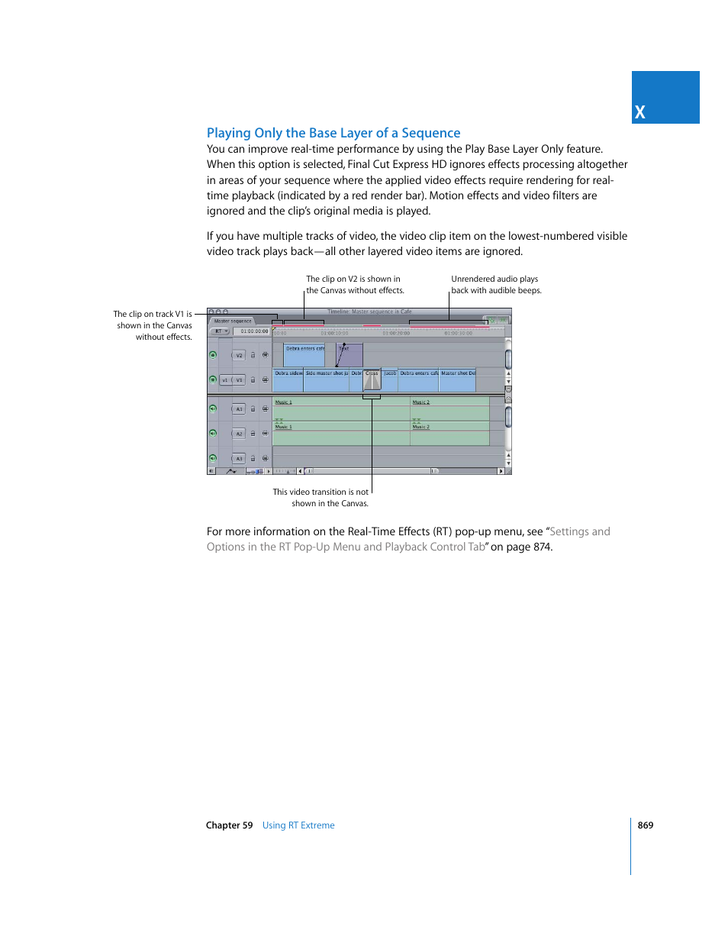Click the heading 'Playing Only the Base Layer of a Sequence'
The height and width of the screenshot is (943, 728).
pyautogui.click(x=333, y=133)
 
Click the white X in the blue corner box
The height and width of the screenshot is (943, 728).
pyautogui.click(x=639, y=112)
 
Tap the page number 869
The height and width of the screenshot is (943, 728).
pyautogui.click(x=645, y=825)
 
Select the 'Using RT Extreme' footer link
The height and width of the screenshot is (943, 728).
pyautogui.click(x=298, y=825)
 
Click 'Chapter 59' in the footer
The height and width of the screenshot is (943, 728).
pyautogui.click(x=229, y=825)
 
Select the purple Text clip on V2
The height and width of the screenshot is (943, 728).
pyautogui.click(x=350, y=356)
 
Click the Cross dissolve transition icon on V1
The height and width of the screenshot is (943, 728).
pyautogui.click(x=372, y=380)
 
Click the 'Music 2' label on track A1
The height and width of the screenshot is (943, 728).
pyautogui.click(x=421, y=402)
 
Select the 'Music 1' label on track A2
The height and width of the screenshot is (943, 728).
pyautogui.click(x=283, y=427)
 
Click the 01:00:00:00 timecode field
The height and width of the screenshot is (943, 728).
pyautogui.click(x=254, y=331)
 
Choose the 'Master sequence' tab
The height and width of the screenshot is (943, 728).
pyautogui.click(x=233, y=321)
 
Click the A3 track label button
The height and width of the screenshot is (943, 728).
pyautogui.click(x=239, y=459)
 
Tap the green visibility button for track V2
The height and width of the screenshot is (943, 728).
pyautogui.click(x=213, y=355)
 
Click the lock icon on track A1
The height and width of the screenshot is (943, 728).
pyautogui.click(x=253, y=409)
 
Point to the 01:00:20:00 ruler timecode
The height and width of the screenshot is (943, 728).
pyautogui.click(x=396, y=333)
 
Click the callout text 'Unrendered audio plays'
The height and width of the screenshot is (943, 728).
pyautogui.click(x=494, y=279)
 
